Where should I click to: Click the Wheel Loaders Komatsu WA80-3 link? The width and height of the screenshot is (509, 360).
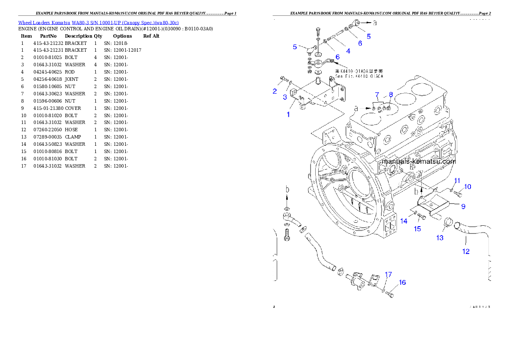point(98,22)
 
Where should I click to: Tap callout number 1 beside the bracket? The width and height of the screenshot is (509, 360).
point(288,115)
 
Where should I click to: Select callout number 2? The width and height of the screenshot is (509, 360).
point(275,91)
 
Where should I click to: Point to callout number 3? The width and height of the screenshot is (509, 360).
point(285,97)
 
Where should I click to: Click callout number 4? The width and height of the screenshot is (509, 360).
point(348,51)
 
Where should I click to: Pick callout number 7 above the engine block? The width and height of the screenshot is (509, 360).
point(377,94)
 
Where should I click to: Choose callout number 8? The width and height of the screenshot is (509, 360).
point(391,94)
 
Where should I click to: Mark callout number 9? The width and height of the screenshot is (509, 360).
point(463,206)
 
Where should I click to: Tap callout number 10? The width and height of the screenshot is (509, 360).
point(468,186)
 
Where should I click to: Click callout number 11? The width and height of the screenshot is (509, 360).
point(457,180)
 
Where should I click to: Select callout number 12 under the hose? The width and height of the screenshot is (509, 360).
point(466,251)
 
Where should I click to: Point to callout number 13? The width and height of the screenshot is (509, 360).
point(440,238)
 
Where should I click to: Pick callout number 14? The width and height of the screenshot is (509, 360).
point(404,221)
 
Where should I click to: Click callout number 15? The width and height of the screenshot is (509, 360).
point(417,229)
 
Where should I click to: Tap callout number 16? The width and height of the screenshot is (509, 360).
point(402,282)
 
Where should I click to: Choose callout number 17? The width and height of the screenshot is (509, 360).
point(388,274)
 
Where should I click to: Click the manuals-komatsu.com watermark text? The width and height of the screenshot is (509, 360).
point(419,161)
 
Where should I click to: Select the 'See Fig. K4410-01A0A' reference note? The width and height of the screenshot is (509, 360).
point(365,76)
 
